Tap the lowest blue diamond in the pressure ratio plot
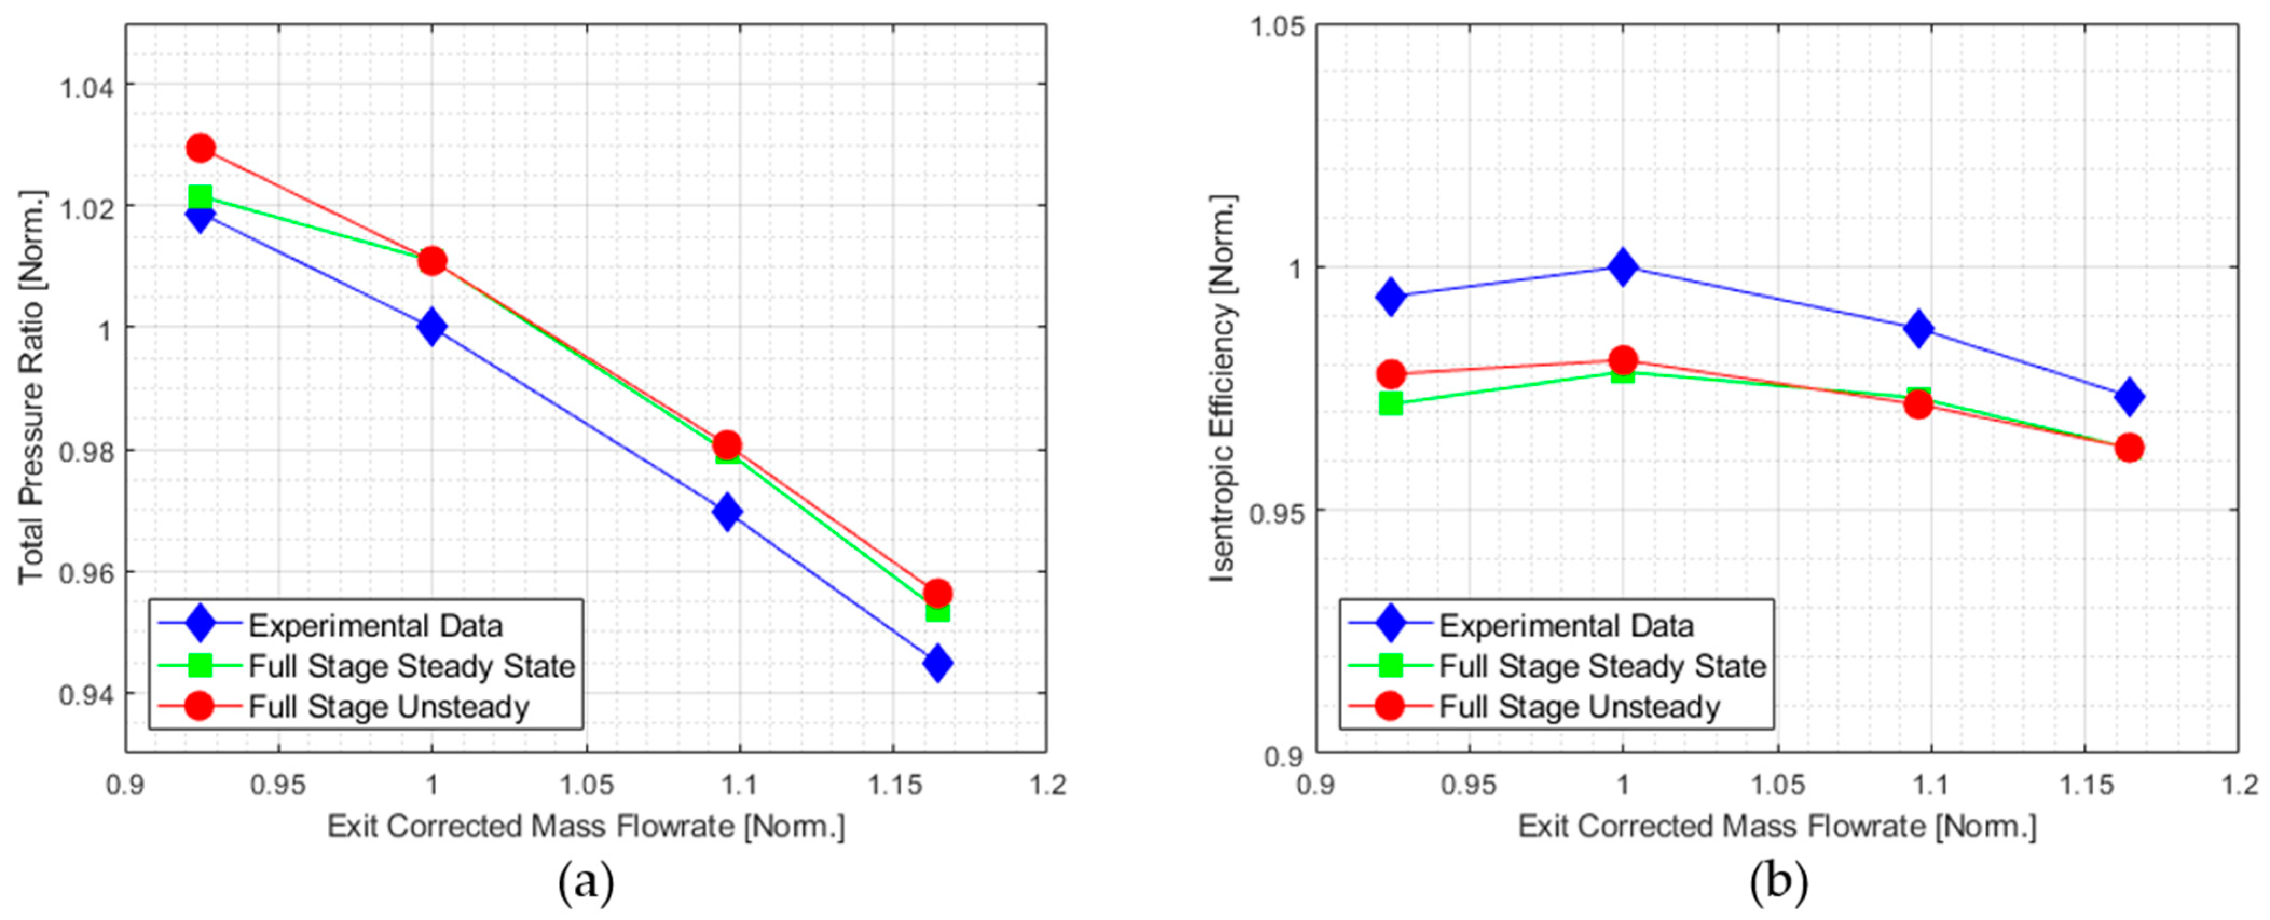click(937, 663)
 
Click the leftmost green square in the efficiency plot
click(1390, 403)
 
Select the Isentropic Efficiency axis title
click(1223, 388)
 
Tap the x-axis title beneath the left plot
click(586, 827)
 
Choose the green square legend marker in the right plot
click(1390, 665)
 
